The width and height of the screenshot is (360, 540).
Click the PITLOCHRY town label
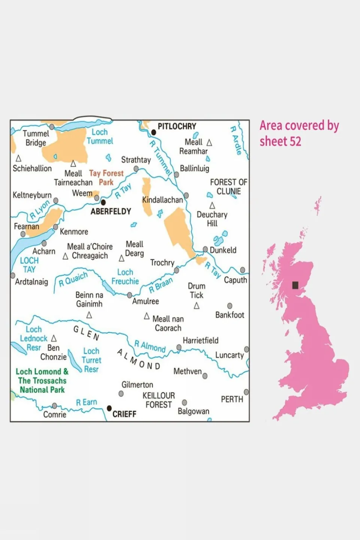pos(176,126)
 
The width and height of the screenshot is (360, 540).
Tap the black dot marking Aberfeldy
pos(103,203)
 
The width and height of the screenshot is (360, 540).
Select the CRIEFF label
pos(124,414)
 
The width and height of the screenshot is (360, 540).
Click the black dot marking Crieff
pos(109,408)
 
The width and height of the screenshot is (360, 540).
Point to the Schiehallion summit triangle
pos(18,159)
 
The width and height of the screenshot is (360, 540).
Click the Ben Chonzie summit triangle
pos(54,338)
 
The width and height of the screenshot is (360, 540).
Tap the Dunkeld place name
pos(223,250)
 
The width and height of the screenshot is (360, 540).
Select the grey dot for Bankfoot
pos(230,306)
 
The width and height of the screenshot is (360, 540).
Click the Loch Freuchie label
pos(125,277)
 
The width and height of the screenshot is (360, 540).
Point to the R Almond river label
pos(150,346)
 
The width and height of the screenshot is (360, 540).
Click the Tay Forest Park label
pos(106,177)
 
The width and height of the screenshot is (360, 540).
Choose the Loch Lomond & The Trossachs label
pos(42,381)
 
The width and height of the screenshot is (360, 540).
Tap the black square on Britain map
pos(295,285)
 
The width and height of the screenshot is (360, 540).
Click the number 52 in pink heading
pos(295,141)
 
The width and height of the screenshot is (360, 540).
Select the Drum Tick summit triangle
pos(196,306)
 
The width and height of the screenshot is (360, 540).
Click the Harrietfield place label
pos(200,340)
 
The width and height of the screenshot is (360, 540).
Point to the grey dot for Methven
pos(205,376)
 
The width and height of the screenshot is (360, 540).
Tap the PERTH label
pos(232,399)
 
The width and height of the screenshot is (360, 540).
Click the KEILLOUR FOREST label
pos(158,400)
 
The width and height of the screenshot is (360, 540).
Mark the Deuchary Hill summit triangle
pos(212,206)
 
